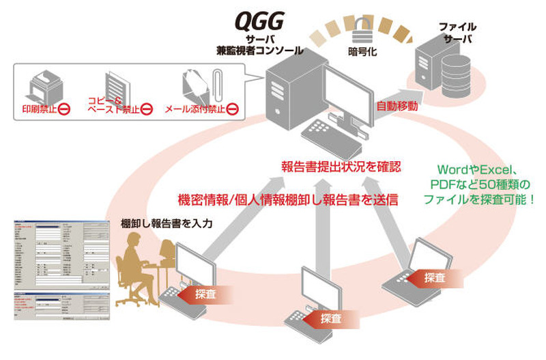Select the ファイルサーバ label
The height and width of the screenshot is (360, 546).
(x=457, y=32)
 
